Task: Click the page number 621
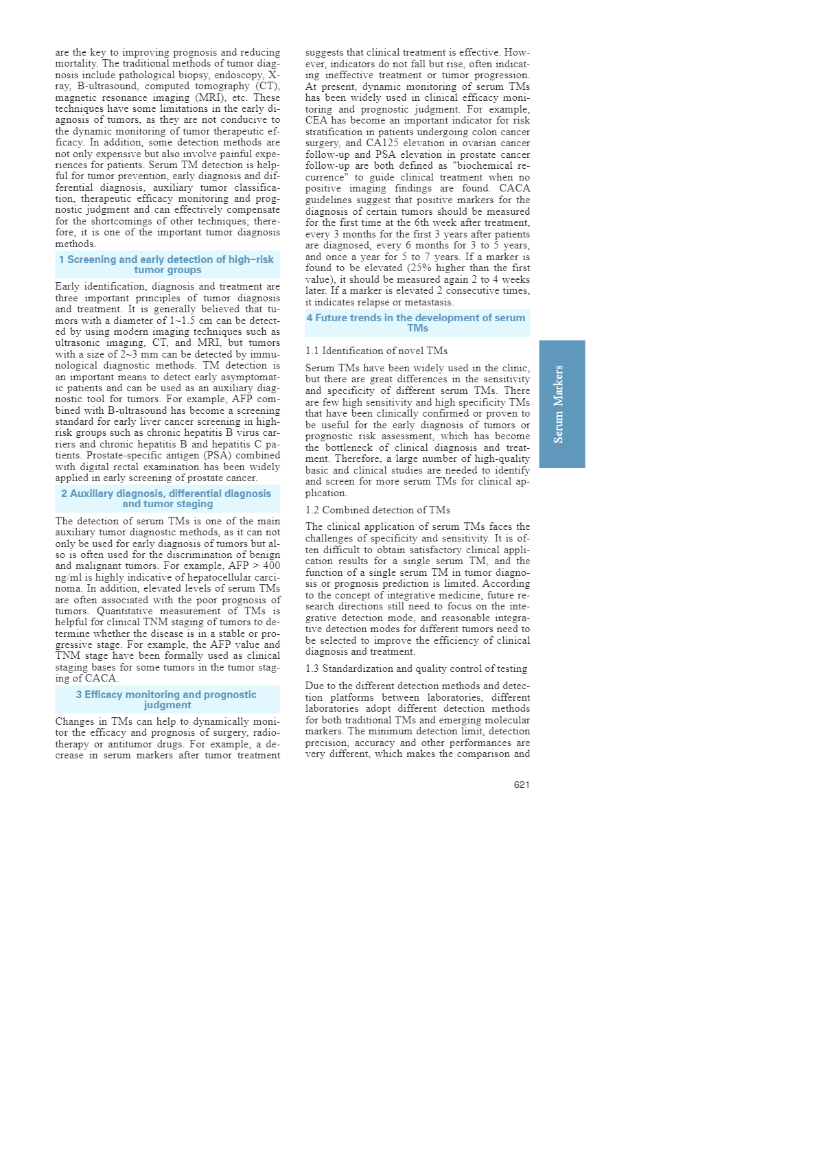pos(521,784)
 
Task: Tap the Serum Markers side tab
pos(561,404)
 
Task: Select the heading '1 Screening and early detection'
pos(167,264)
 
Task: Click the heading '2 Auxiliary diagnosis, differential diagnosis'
pos(167,498)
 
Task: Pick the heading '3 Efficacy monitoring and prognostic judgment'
pos(167,699)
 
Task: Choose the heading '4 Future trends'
pos(417,323)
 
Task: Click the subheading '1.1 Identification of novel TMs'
pos(376,351)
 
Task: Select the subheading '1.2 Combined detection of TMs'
pos(378,510)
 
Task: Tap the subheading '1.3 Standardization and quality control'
pos(416,668)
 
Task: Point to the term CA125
pos(382,143)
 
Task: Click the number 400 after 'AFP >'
pos(271,566)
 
